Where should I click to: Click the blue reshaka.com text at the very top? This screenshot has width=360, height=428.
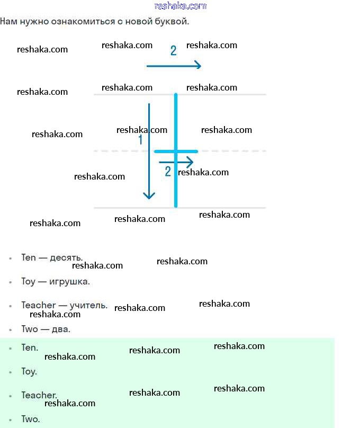tap(181, 6)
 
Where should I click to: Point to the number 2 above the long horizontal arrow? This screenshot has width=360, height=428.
tap(173, 51)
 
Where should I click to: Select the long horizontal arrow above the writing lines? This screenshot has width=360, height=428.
tap(174, 65)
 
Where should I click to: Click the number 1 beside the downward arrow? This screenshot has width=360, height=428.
tap(140, 140)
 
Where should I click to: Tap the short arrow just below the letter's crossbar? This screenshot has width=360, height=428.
tap(176, 162)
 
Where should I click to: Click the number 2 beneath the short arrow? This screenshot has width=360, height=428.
tap(168, 172)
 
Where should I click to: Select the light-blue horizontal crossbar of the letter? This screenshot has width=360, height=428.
tap(185, 151)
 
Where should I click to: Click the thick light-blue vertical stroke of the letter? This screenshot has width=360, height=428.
tap(176, 122)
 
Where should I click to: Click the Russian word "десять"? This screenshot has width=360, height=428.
tap(66, 258)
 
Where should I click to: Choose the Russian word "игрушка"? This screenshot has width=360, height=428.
tap(69, 282)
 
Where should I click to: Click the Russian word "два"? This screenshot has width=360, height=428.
tap(61, 329)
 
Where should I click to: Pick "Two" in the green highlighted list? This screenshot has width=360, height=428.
tap(30, 419)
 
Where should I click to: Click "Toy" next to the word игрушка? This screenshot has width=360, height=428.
tap(28, 282)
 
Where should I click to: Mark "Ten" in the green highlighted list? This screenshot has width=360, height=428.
tap(29, 347)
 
